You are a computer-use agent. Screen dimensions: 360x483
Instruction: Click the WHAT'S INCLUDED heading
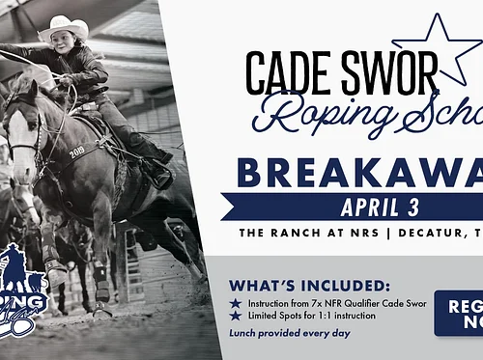[x=308, y=285]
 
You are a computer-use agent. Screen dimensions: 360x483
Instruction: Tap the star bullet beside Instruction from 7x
[x=234, y=302]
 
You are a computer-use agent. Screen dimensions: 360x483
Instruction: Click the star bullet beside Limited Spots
[x=234, y=316]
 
